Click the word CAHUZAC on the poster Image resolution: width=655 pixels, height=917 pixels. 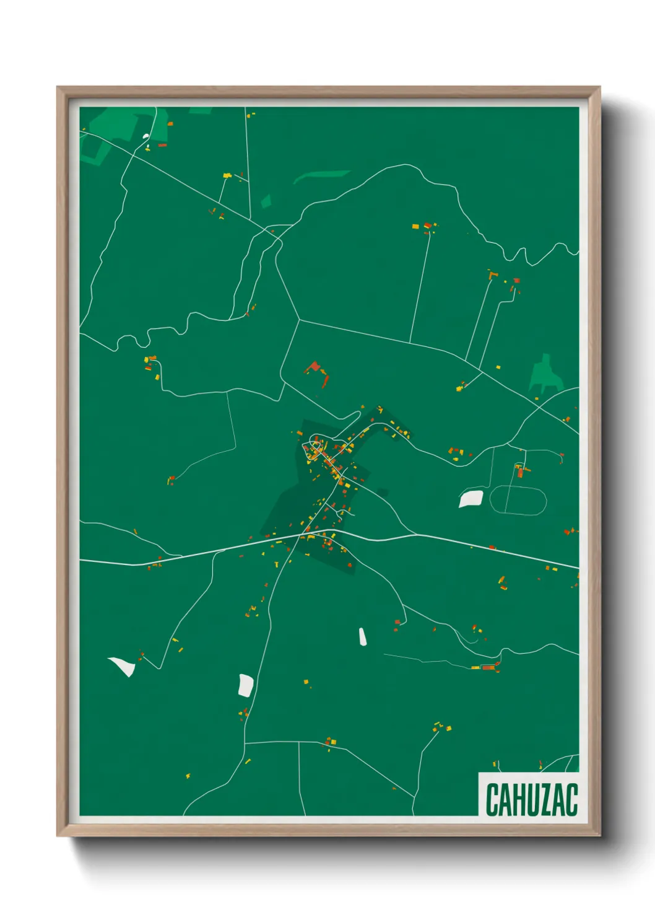531,799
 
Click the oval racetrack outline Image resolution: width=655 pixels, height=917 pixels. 518,500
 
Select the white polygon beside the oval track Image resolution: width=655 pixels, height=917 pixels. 471,498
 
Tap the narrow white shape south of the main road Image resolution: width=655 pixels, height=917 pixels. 362,636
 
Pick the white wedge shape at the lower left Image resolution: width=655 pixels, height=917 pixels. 123,666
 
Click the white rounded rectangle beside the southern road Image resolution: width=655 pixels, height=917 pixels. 246,685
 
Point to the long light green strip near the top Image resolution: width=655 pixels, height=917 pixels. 321,176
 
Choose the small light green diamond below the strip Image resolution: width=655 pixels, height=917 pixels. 266,201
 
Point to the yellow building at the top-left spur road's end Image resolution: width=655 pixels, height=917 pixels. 227,176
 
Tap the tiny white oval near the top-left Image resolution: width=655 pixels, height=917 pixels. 146,136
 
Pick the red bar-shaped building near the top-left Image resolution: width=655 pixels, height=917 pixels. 162,145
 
